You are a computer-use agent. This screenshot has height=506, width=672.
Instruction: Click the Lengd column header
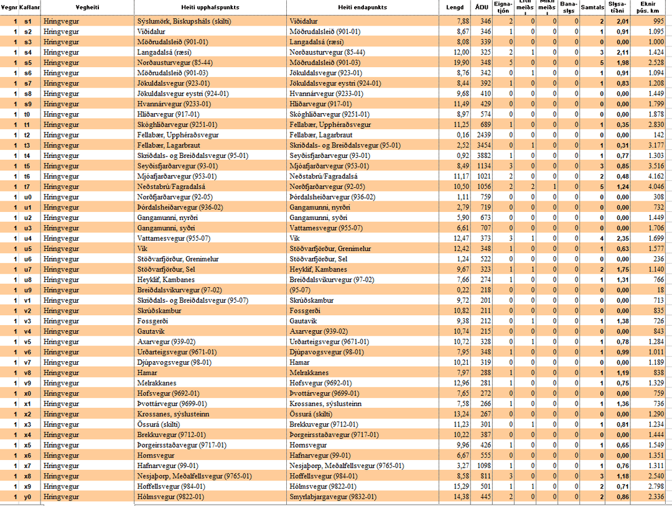455,7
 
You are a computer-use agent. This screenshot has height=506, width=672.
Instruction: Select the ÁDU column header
481,7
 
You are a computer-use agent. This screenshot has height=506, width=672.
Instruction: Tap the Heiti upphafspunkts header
211,7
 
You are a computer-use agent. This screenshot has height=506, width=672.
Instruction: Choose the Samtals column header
592,7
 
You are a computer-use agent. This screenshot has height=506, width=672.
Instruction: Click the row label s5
28,63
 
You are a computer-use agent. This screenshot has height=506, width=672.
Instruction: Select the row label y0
28,497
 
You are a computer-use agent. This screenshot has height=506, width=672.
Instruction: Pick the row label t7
28,186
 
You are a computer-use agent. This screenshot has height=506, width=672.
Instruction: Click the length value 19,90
460,63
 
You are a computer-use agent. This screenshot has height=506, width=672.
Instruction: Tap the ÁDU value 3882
483,155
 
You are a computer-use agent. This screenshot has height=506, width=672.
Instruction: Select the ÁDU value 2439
483,135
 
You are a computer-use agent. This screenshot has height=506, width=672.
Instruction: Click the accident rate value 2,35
618,238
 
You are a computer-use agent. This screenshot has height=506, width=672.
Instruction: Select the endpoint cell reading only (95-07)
301,290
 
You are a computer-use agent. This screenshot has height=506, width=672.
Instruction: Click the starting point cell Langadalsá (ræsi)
164,52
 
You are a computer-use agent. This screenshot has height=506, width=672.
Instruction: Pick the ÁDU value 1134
483,166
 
